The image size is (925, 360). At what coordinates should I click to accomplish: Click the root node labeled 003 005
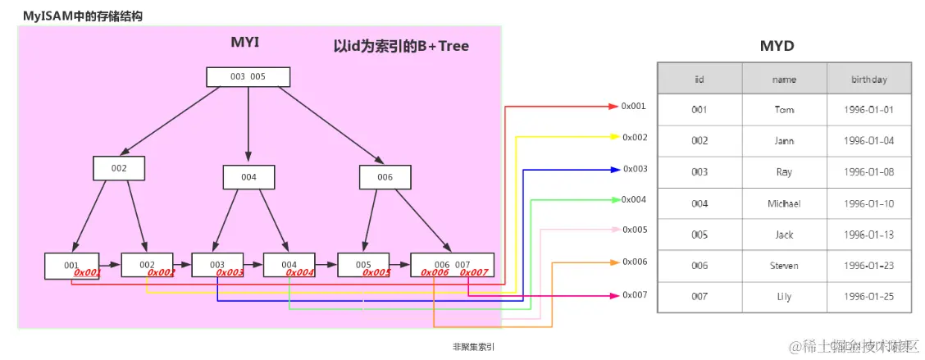248,76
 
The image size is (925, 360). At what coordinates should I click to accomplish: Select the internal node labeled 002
119,168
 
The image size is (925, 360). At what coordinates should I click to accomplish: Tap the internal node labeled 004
248,177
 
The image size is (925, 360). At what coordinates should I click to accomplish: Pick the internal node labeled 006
385,177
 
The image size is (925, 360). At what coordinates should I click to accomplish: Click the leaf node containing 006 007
452,266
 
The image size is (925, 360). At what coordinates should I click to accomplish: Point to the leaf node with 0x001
72,266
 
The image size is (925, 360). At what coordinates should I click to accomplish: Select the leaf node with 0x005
364,266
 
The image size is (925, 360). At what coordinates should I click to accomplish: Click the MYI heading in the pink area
244,42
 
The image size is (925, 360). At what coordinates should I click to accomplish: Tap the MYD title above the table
777,46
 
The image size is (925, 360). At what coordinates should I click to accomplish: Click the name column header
784,80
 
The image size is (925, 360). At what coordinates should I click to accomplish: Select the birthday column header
868,80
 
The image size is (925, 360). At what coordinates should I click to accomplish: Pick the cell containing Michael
784,203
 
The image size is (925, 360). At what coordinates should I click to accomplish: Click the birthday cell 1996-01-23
868,266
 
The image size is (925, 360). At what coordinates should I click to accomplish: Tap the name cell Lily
784,297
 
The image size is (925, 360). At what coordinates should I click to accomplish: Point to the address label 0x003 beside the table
634,169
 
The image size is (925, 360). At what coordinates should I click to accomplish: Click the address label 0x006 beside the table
634,262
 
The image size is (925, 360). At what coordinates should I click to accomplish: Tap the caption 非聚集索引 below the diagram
473,347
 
